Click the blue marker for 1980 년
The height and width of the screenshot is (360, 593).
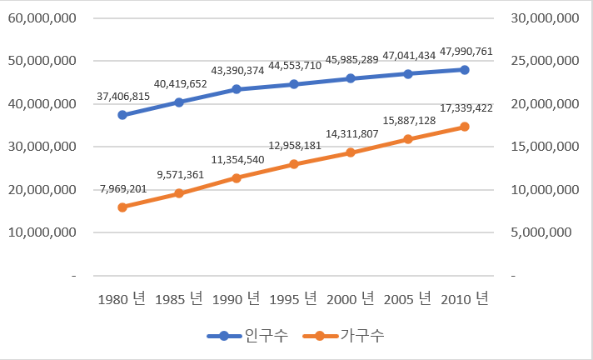[x=122, y=115]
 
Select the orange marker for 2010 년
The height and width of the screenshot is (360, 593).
[x=465, y=127]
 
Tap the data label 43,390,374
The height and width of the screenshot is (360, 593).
[x=237, y=71]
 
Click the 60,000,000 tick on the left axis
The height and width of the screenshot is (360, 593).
[x=43, y=17]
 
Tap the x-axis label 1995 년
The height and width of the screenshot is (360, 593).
[x=293, y=299]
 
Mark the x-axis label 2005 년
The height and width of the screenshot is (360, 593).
[x=407, y=299]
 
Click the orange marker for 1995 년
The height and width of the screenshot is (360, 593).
[x=293, y=164]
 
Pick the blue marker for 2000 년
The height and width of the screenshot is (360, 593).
[x=351, y=78]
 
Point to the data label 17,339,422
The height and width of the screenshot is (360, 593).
[x=464, y=108]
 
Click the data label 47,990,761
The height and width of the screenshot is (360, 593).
[x=464, y=52]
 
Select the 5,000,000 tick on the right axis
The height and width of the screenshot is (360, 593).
[x=545, y=232]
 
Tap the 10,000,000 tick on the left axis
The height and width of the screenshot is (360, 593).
[x=43, y=232]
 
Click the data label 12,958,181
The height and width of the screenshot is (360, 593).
[x=293, y=146]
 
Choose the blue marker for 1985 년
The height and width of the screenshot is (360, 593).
[x=179, y=102]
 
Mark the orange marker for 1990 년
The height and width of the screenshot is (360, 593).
[x=237, y=178]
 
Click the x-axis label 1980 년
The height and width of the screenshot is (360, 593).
[x=122, y=299]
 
